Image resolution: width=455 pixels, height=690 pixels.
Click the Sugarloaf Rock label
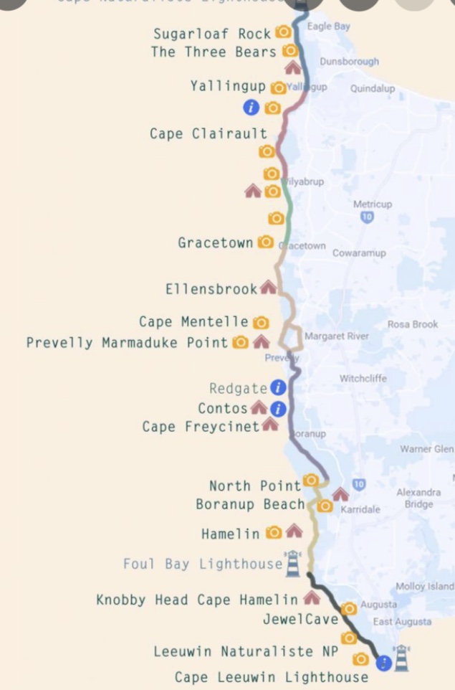click(212, 33)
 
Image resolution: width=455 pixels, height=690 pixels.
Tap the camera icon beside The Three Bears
click(290, 51)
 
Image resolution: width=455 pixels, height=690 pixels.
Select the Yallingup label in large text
click(228, 86)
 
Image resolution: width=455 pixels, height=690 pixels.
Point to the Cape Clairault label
click(208, 133)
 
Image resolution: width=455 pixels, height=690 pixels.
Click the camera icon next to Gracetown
click(266, 242)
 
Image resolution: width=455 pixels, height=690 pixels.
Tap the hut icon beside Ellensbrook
click(268, 288)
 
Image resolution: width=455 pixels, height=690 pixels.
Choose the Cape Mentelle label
click(193, 322)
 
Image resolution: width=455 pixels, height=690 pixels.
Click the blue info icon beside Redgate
click(278, 388)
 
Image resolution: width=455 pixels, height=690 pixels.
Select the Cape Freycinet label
click(201, 427)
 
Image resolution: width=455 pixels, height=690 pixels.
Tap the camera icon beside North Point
click(311, 480)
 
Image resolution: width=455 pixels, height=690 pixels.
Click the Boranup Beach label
click(251, 505)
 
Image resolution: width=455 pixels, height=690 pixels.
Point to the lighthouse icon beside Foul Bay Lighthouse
click(292, 564)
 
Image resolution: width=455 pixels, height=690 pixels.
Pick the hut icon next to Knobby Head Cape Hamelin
click(312, 597)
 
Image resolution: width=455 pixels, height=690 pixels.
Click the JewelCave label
click(300, 619)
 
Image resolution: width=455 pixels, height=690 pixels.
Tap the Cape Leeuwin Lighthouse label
click(272, 677)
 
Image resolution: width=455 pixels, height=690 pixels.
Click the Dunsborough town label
click(349, 62)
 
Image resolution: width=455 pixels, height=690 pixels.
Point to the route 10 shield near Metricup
click(367, 217)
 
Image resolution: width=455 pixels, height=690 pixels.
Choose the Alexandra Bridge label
click(418, 498)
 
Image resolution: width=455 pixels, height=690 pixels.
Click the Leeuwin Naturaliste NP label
click(243, 652)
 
